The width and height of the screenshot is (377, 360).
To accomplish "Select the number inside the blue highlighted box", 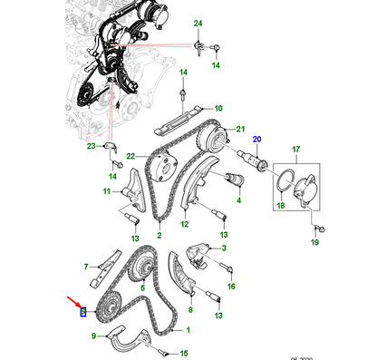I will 82,313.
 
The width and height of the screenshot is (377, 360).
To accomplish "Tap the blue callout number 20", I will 256,139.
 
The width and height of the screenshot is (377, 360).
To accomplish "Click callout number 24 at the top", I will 198,21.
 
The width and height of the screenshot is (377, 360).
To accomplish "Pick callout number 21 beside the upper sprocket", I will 241,130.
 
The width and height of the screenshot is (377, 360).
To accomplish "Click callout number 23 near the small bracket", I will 90,146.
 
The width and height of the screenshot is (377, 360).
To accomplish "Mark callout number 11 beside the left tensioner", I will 106,191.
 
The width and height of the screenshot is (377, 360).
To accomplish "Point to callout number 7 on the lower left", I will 87,267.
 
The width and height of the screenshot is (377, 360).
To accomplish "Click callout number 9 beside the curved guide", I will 92,336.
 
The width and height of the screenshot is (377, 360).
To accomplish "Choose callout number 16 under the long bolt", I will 231,286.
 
